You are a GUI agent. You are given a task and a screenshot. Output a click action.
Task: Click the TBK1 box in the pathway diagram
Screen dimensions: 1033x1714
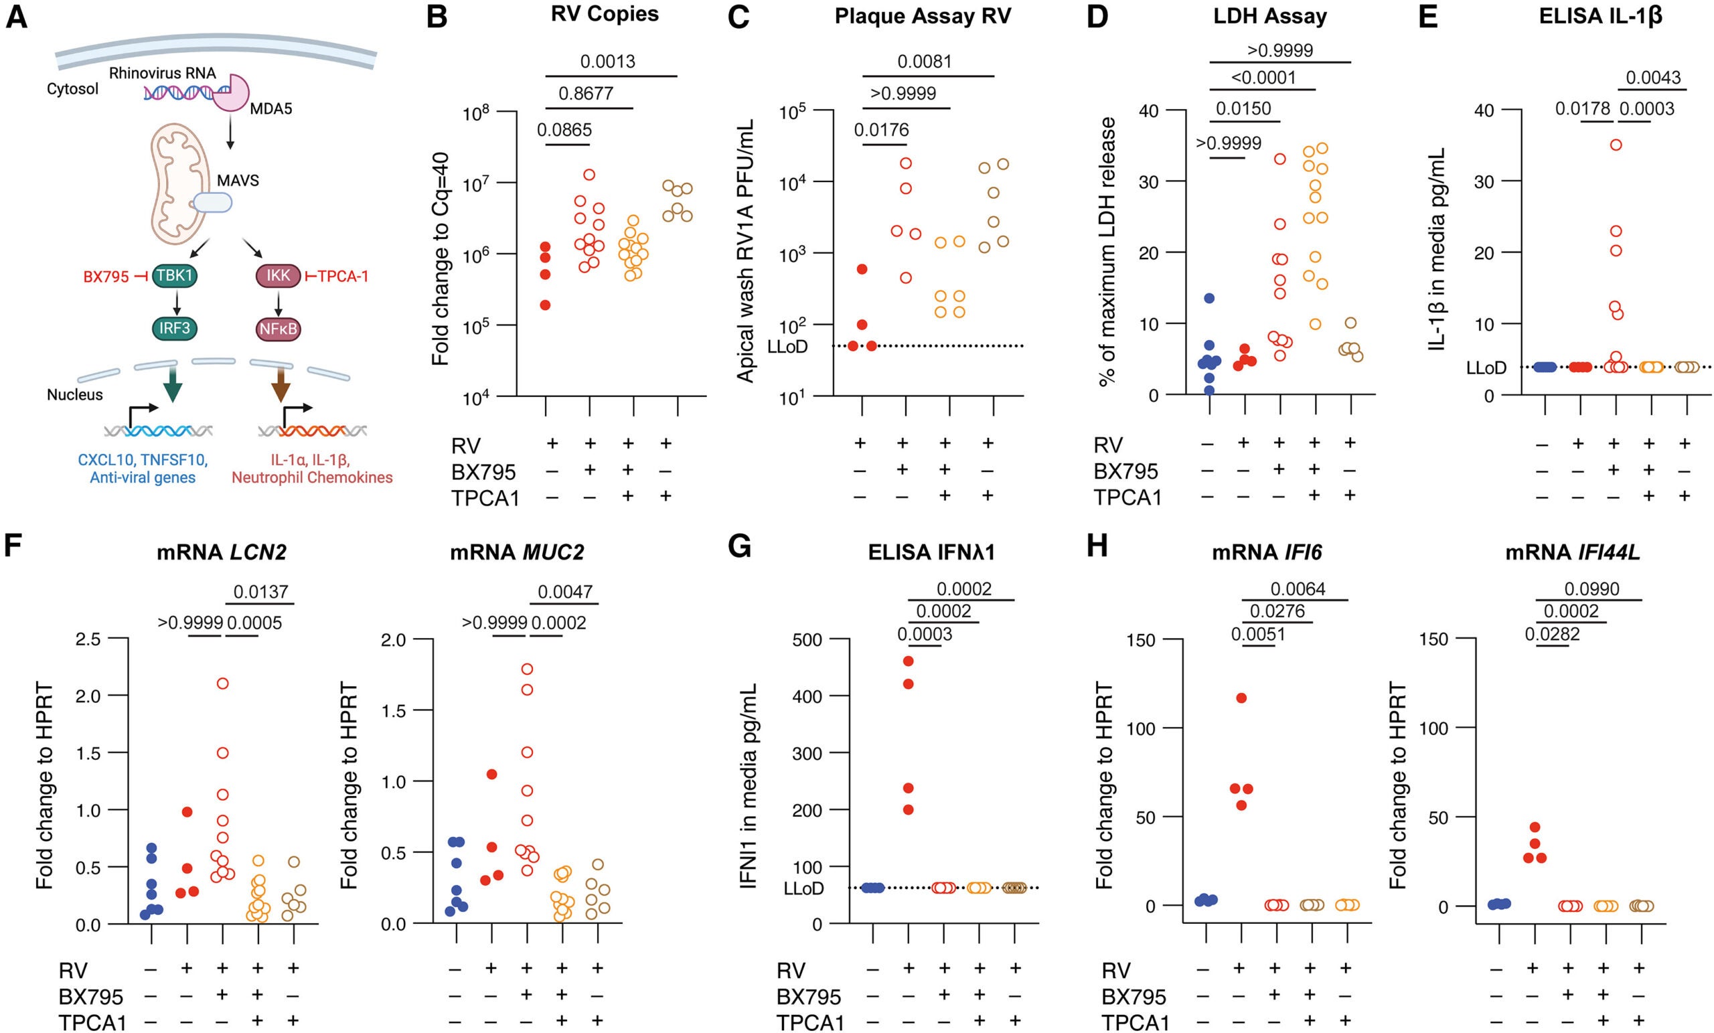pos(175,275)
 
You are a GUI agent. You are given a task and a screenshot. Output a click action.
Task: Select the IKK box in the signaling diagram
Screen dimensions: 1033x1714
pos(279,275)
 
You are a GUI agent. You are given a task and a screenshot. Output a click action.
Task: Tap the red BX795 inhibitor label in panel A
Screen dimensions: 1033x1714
pos(106,277)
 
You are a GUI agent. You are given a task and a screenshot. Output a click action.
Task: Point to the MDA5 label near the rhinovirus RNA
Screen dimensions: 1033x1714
pos(270,108)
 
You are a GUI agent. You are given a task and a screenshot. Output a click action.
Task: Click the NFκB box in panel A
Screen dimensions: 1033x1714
pos(279,328)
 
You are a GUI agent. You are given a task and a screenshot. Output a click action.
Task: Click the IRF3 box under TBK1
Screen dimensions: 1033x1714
pos(175,327)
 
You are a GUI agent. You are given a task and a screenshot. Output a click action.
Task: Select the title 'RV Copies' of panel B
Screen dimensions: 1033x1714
pos(605,14)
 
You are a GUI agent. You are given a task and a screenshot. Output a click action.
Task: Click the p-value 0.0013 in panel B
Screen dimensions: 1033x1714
pos(607,61)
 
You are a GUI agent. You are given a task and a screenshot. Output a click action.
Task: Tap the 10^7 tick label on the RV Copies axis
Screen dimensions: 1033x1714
pos(477,185)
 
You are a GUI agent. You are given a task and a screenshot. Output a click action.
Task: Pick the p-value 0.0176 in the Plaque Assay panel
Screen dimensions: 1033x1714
pos(881,130)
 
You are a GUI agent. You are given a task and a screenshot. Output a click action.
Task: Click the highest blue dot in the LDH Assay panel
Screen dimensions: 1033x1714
pos(1209,299)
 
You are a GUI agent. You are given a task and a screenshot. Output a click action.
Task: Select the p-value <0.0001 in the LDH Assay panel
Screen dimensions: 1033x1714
pos(1263,77)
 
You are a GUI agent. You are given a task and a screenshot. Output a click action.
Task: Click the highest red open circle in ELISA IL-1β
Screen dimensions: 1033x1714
pos(1616,145)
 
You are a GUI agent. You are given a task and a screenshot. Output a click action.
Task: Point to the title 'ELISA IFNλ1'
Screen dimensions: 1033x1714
pos(931,552)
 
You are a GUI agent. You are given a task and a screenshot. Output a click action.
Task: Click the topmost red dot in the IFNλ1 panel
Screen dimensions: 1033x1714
pos(908,661)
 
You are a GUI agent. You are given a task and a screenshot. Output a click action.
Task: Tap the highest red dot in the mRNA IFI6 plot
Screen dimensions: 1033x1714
pos(1241,698)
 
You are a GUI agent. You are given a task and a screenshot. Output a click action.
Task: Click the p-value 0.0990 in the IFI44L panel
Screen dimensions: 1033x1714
pos(1591,589)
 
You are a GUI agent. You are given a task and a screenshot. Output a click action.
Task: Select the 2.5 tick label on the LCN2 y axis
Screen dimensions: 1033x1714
pos(91,639)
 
